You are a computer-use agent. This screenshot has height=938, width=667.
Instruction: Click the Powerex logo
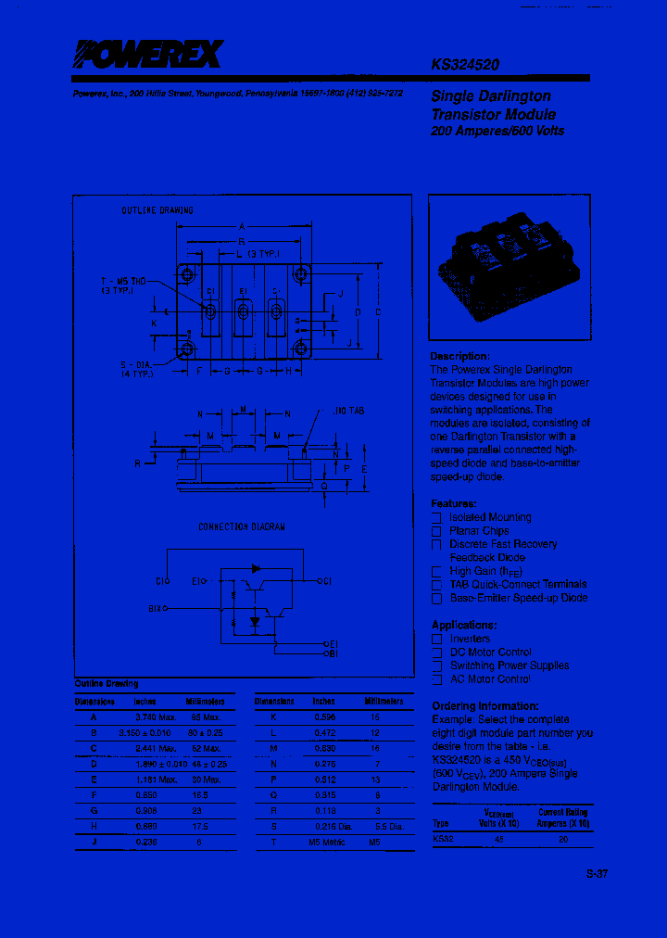[148, 57]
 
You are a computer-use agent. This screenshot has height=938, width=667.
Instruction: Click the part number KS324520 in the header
[466, 66]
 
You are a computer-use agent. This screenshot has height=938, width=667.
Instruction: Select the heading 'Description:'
[459, 356]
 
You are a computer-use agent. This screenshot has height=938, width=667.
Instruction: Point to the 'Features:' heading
[453, 503]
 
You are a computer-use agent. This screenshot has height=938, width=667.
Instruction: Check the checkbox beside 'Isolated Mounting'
[436, 517]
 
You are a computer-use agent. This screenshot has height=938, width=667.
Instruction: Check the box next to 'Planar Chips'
[436, 531]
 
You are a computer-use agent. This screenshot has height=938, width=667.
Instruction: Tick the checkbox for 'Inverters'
[436, 639]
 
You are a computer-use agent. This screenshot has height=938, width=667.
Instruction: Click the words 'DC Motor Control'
[491, 652]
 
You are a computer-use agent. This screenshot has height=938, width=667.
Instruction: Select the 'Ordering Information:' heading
[485, 705]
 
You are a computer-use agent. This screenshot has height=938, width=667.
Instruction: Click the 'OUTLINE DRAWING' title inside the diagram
[157, 210]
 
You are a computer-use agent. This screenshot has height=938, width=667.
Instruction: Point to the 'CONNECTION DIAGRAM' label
[242, 526]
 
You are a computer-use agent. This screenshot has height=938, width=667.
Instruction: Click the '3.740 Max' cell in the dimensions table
[155, 716]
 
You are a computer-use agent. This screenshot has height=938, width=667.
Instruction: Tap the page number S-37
[597, 873]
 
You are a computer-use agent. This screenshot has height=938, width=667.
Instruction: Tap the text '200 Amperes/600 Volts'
[497, 131]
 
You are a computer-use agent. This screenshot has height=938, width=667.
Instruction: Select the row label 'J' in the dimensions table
[93, 841]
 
